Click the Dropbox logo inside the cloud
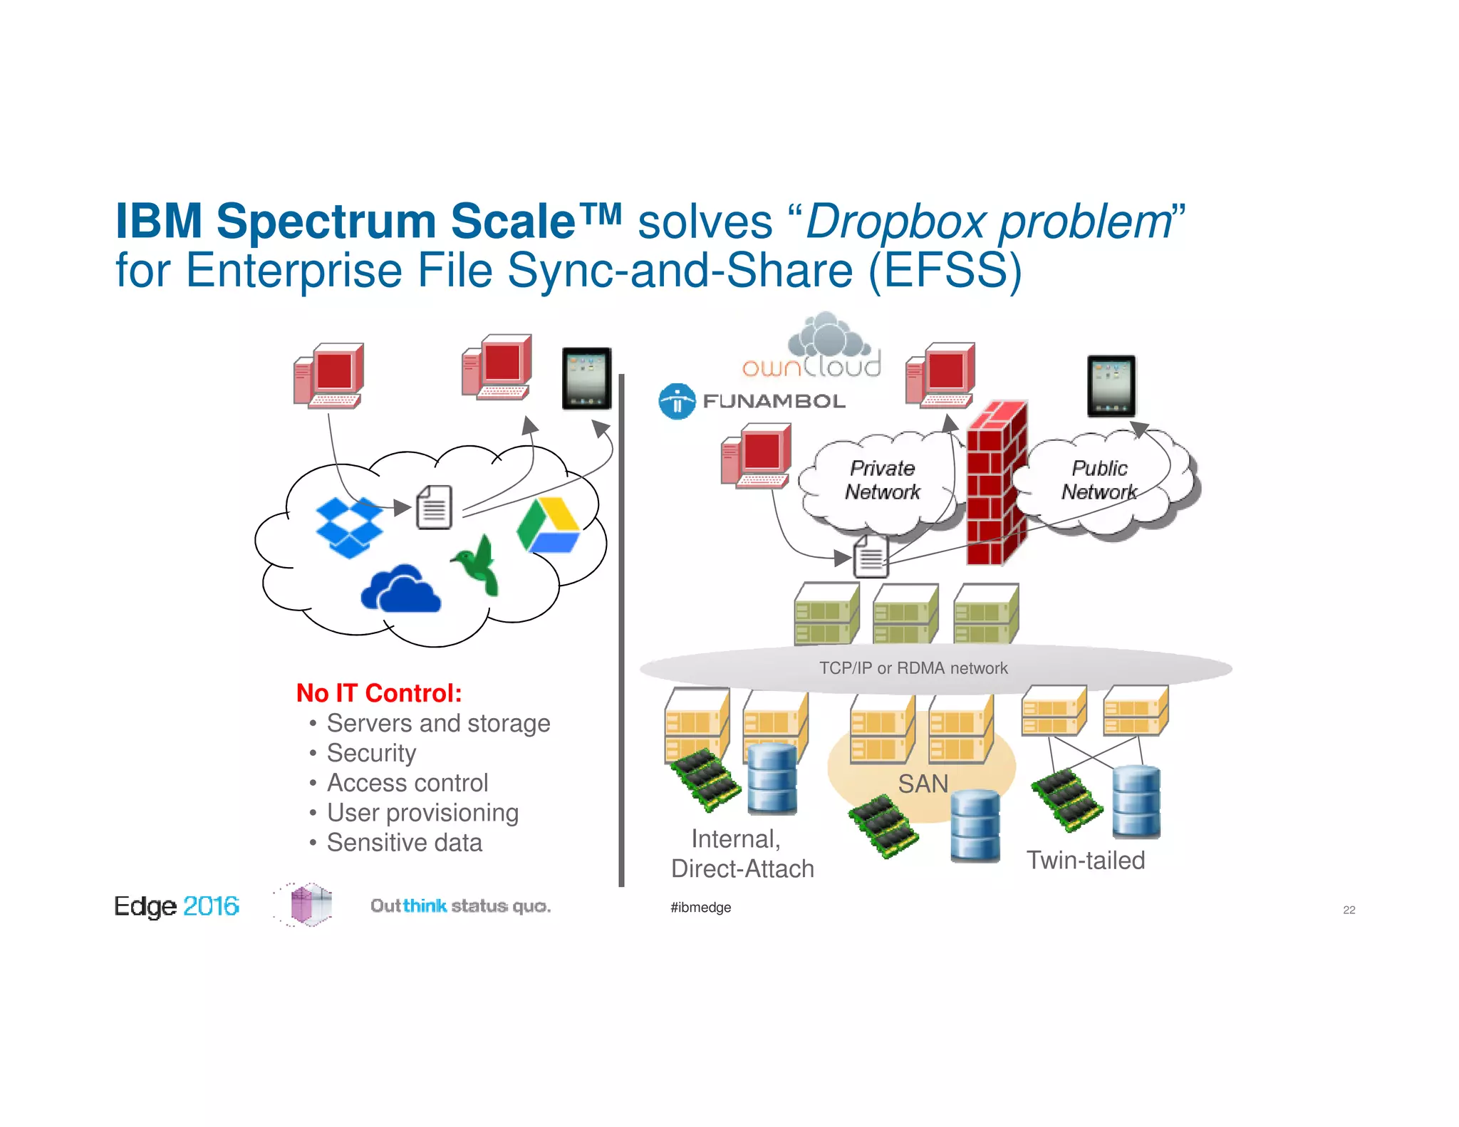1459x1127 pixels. pyautogui.click(x=348, y=527)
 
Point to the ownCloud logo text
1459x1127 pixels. pyautogui.click(x=811, y=366)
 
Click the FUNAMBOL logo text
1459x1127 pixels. pyautogui.click(x=774, y=401)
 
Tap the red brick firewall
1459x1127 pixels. pyautogui.click(x=996, y=484)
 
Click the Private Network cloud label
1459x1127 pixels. pyautogui.click(x=882, y=480)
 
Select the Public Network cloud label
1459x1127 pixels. pyautogui.click(x=1099, y=480)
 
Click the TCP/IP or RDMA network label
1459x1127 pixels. pyautogui.click(x=913, y=668)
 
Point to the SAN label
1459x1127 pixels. pyautogui.click(x=923, y=784)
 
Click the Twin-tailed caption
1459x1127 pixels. pyautogui.click(x=1085, y=860)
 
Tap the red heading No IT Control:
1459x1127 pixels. pyautogui.click(x=379, y=693)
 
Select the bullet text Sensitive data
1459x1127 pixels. pyautogui.click(x=404, y=843)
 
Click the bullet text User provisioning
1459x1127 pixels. pyautogui.click(x=422, y=813)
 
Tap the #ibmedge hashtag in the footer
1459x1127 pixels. pyautogui.click(x=700, y=908)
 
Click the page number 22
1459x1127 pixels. pyautogui.click(x=1349, y=910)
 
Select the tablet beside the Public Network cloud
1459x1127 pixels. pyautogui.click(x=1111, y=385)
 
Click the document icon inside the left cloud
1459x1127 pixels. pyautogui.click(x=435, y=507)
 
